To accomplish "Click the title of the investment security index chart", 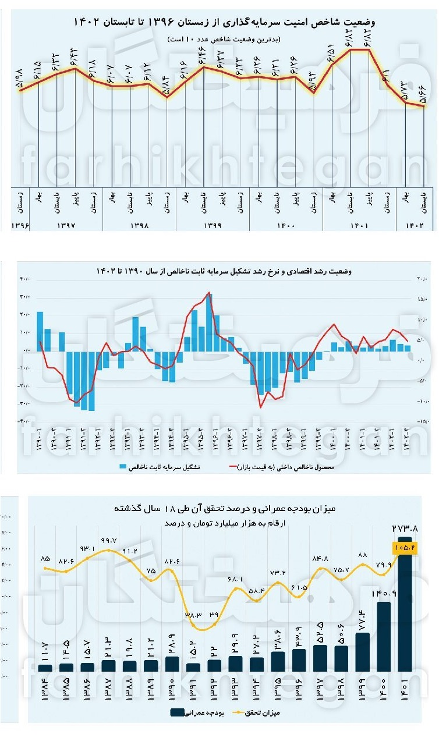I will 224,23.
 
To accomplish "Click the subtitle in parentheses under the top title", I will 224,38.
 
